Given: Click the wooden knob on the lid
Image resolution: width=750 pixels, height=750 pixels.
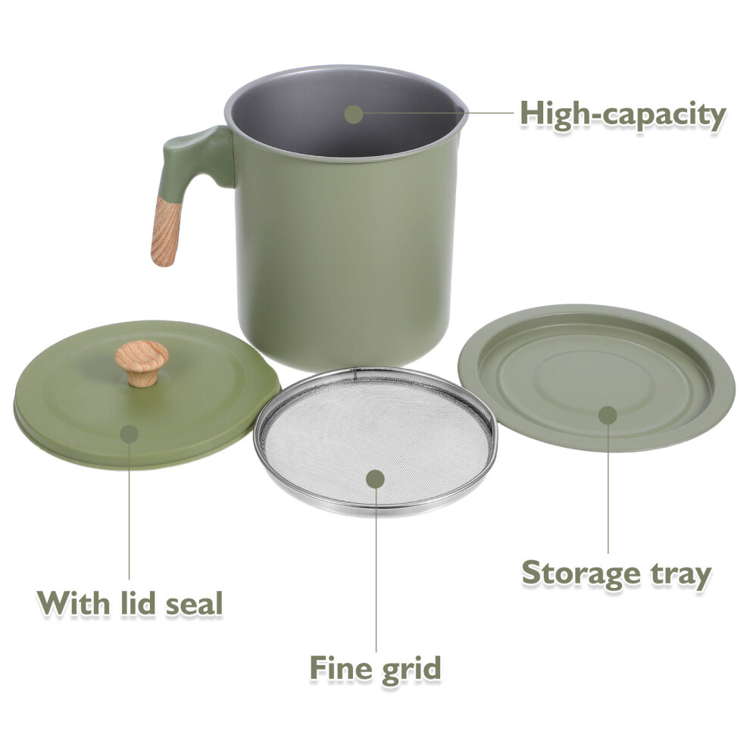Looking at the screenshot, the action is point(142,363).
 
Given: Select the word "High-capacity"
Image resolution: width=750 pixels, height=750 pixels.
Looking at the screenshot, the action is point(623,115).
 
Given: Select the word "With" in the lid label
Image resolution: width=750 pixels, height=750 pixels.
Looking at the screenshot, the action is point(74,603).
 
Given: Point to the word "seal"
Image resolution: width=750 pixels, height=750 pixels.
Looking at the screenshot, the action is point(194,603).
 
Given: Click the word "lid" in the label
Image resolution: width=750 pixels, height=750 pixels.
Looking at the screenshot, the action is point(138,603).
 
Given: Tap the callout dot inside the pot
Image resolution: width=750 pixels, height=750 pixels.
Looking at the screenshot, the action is point(354,114).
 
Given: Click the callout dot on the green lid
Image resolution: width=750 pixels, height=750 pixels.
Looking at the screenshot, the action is point(129,433).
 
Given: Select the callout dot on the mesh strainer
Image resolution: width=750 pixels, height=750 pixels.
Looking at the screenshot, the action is point(376,479).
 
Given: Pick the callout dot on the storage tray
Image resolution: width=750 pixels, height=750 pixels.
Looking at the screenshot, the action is point(608,415).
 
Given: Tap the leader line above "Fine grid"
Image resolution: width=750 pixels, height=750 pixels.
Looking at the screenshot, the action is point(376,570).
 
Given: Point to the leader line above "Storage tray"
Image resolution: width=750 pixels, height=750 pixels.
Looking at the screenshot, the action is point(608,489).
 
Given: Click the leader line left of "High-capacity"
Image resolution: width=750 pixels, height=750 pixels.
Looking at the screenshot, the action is point(438,114).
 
